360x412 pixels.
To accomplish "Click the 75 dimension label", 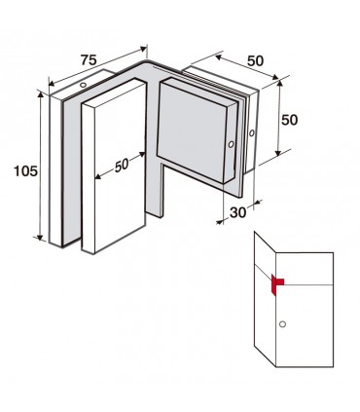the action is pos(89,60).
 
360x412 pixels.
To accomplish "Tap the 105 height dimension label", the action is pos(25,171).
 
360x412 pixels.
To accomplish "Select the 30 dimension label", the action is pos(238,212).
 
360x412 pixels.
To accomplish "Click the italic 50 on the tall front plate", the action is pos(122,166).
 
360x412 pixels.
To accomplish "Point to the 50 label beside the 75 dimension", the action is pos(256,60).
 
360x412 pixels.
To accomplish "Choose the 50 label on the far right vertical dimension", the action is pos(289,120).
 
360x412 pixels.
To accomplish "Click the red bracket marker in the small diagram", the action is pos(277,285).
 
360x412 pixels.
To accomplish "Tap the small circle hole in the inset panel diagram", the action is pos(282,323).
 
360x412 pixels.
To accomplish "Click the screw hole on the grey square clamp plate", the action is pos(231,144).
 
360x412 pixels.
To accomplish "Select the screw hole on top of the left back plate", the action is pos(83,85).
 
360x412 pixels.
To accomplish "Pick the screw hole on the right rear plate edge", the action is pos(252,133).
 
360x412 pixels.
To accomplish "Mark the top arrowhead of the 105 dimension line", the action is pos(40,94).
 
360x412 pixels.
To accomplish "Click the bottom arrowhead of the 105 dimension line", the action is pos(40,237).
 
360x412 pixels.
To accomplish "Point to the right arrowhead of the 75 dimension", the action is pos(143,49).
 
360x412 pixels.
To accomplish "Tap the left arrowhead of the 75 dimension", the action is pos(53,83).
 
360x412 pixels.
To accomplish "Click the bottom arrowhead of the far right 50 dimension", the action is pos(278,152).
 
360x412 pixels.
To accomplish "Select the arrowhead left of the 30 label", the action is pos(220,221).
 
